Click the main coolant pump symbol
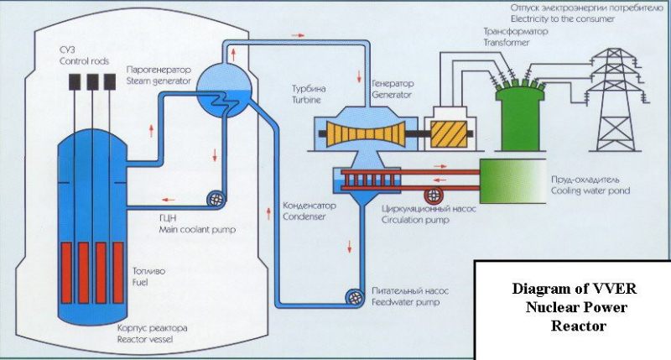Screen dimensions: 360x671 [215, 199]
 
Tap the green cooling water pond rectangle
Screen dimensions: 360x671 [511, 177]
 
